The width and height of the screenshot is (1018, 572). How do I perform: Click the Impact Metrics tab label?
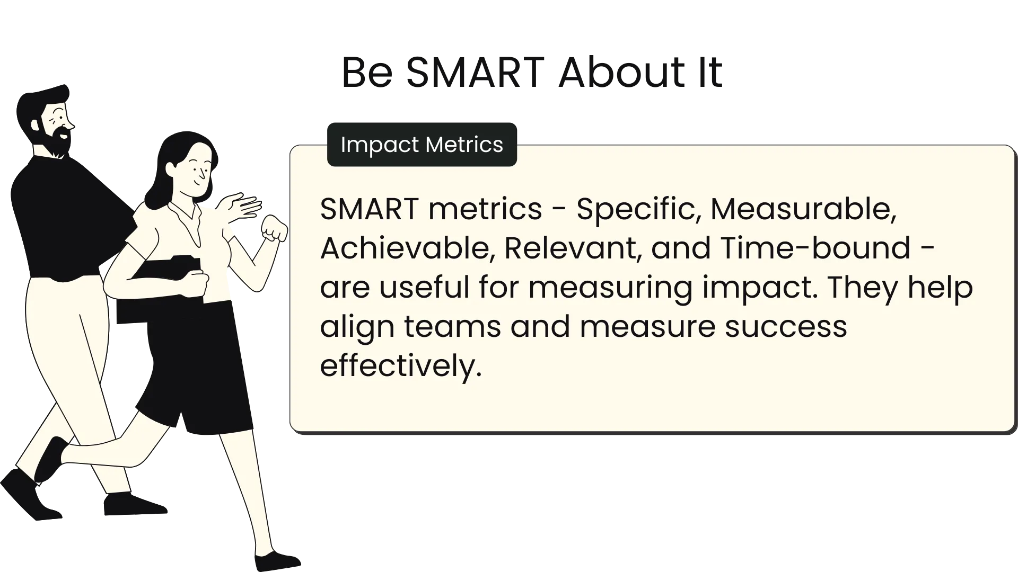point(422,144)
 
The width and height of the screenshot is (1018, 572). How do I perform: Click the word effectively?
point(401,365)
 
